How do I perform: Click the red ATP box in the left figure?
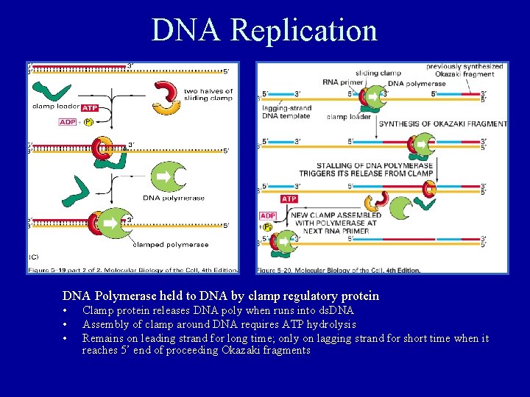90,108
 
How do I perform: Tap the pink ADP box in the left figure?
68,122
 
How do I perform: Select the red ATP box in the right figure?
289,198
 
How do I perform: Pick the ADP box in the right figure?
267,215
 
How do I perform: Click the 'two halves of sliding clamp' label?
208,95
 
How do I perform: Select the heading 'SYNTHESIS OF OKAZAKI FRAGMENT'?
443,124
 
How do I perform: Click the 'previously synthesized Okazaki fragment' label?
464,70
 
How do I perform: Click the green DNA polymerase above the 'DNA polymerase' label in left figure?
169,177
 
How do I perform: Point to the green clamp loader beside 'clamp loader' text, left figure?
51,92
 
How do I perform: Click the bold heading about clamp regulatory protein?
221,296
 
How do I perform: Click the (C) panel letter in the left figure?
34,257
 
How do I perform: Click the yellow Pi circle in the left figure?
88,122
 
